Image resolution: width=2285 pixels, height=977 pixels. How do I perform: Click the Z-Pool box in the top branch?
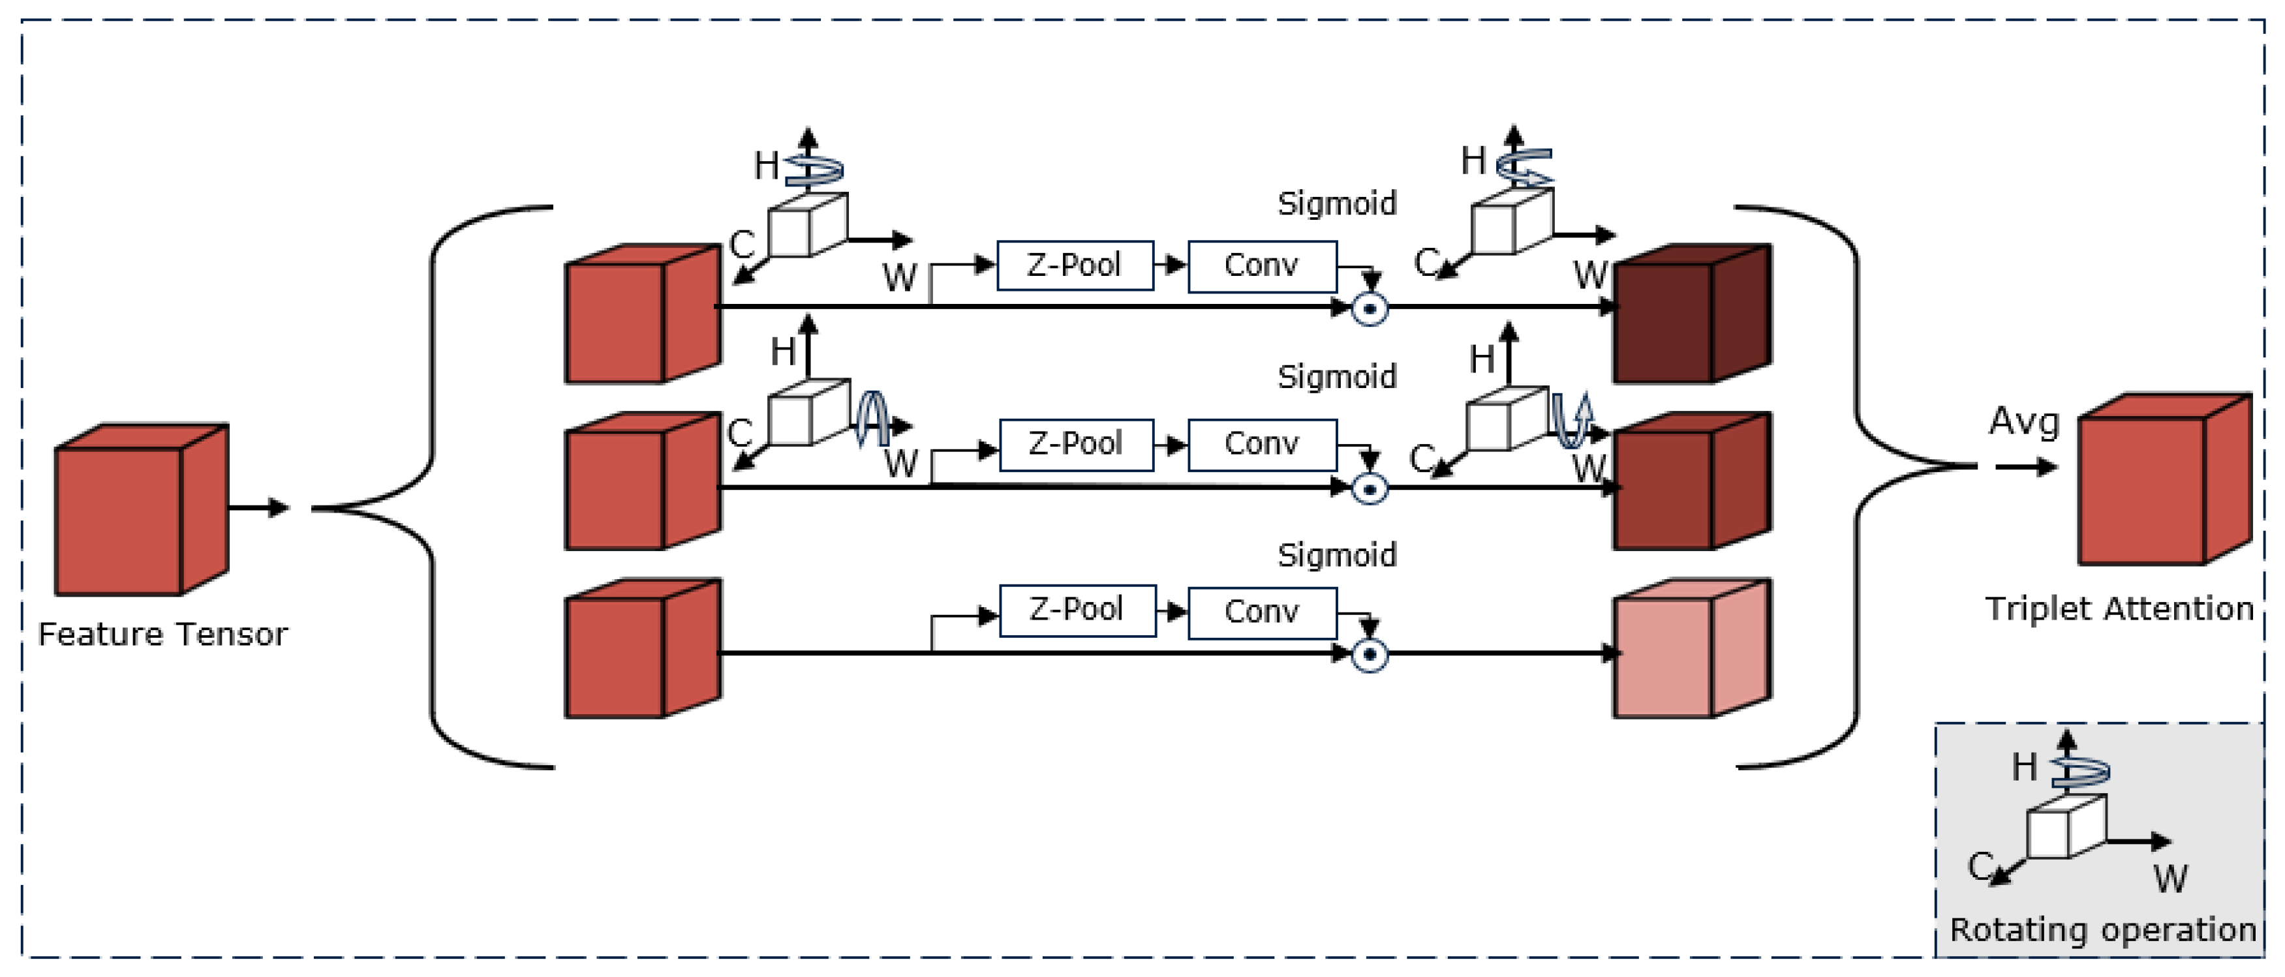1074,265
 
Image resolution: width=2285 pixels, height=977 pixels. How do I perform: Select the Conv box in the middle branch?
1261,444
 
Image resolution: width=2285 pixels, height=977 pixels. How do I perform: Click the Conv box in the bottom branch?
1261,612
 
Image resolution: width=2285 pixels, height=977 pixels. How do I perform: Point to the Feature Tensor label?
163,635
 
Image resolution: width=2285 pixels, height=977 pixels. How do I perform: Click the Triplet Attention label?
2118,609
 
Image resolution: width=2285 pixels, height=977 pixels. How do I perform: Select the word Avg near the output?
2023,421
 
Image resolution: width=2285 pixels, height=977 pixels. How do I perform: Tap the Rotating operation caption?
2102,930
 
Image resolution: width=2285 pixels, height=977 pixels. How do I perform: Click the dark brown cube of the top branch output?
1690,315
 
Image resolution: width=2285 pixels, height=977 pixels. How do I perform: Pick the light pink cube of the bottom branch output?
1690,650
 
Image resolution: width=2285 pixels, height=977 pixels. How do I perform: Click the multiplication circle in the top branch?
1370,309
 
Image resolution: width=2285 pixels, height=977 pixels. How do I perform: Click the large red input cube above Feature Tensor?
140,511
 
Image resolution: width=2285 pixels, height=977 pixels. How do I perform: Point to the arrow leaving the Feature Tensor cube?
259,508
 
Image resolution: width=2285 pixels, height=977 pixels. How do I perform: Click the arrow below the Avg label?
2026,467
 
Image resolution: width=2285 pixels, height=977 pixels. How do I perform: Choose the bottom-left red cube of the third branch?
641,650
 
